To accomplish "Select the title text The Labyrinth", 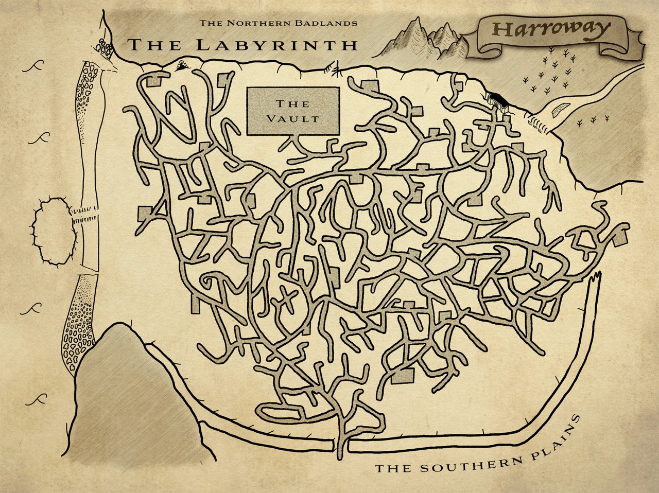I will point(242,45).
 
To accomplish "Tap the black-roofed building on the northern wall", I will point(497,98).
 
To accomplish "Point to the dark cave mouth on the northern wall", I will point(182,65).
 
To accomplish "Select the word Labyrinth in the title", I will point(277,45).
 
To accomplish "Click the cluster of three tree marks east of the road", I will point(587,121).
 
